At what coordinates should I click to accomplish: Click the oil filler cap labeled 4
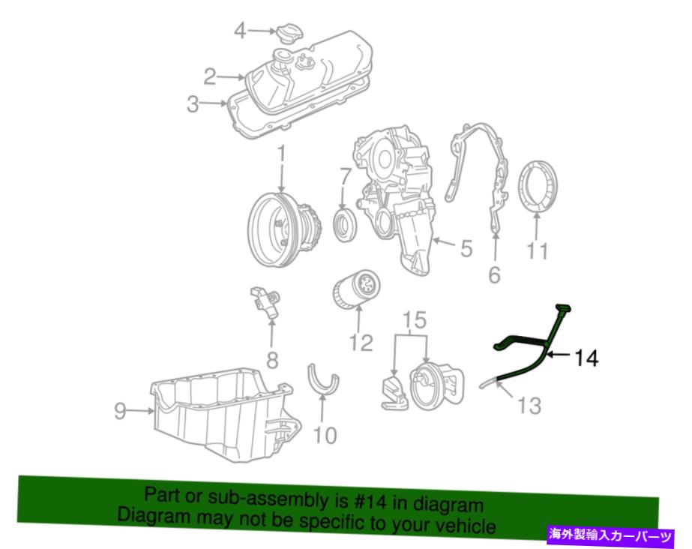pos(290,33)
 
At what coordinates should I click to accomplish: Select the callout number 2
pos(210,76)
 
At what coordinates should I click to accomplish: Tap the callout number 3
pos(193,104)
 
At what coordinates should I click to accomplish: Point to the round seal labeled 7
pos(346,226)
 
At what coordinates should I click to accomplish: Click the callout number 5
pos(466,249)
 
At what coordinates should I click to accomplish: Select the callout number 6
pos(494,275)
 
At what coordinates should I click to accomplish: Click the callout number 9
pos(120,411)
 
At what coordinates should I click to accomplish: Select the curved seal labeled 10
pos(322,379)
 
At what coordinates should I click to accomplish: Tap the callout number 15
pos(415,320)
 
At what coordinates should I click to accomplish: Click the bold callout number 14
pos(586,358)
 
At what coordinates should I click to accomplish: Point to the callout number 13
pos(529,406)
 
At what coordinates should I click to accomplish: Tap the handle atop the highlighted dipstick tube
pos(564,307)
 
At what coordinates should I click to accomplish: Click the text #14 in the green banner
pos(370,501)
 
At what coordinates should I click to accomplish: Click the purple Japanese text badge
pos(610,535)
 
